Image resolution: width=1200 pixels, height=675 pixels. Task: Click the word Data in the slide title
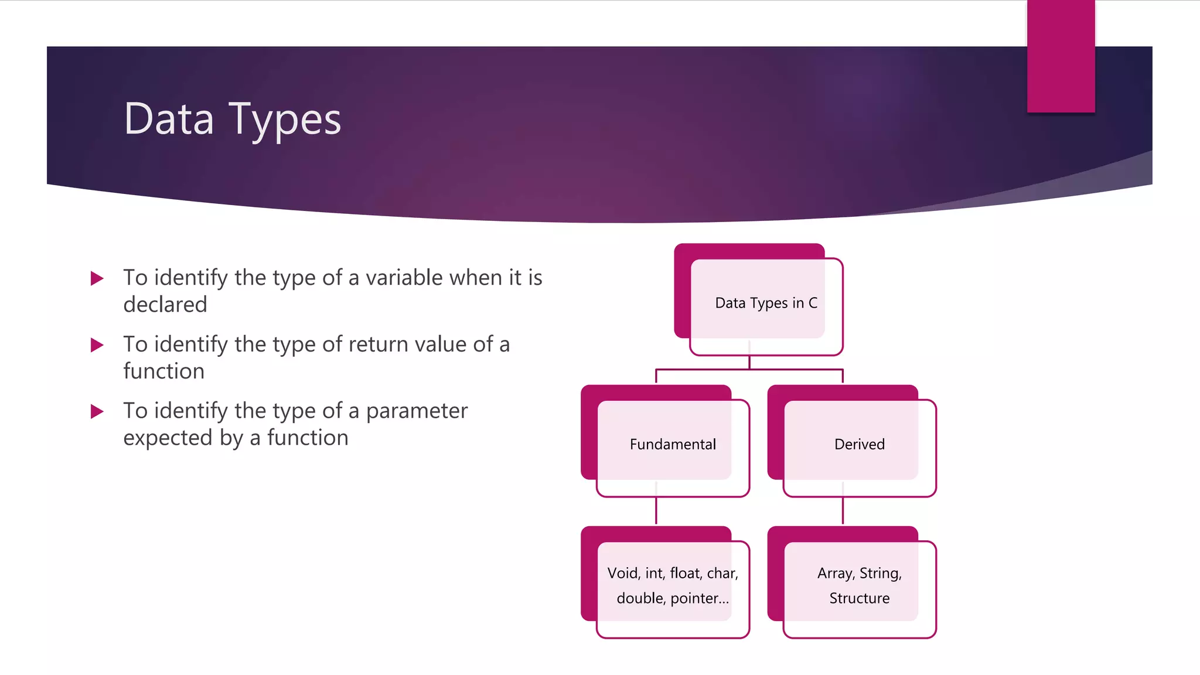pyautogui.click(x=169, y=119)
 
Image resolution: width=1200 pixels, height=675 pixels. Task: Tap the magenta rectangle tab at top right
pyautogui.click(x=1061, y=56)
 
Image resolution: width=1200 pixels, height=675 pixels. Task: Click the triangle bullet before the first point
pyautogui.click(x=97, y=278)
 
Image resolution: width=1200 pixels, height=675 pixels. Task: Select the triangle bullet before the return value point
pyautogui.click(x=97, y=345)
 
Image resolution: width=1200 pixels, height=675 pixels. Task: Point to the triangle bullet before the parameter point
pyautogui.click(x=97, y=412)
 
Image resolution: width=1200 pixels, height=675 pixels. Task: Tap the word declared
pyautogui.click(x=165, y=305)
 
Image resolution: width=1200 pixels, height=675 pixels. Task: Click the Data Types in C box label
pyautogui.click(x=766, y=303)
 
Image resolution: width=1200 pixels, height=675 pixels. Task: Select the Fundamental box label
pyautogui.click(x=673, y=444)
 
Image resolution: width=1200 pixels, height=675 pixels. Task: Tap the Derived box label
pyautogui.click(x=859, y=444)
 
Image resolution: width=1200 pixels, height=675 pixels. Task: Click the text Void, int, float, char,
pyautogui.click(x=673, y=573)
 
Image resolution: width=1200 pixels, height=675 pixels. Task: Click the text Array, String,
pyautogui.click(x=859, y=573)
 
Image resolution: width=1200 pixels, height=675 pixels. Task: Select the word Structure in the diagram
pyautogui.click(x=859, y=598)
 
